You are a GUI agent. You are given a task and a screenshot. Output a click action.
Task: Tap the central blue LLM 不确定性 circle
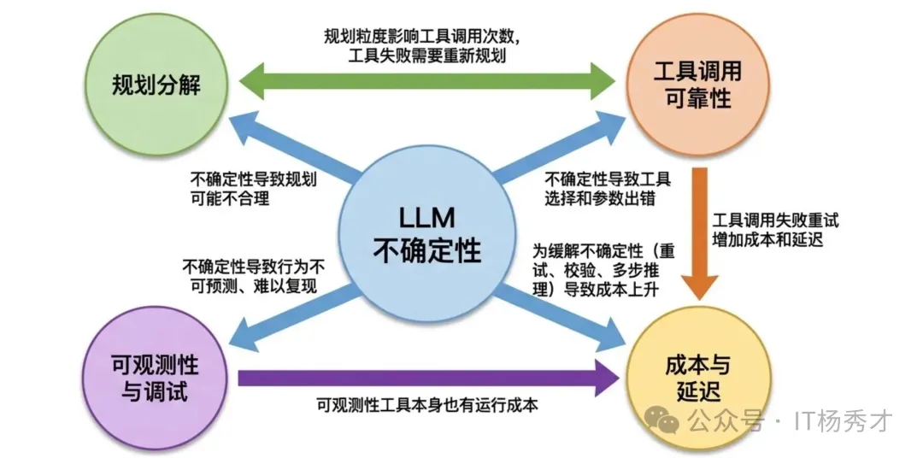click(x=427, y=232)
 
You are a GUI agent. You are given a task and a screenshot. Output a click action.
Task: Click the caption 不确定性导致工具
click(x=608, y=180)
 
